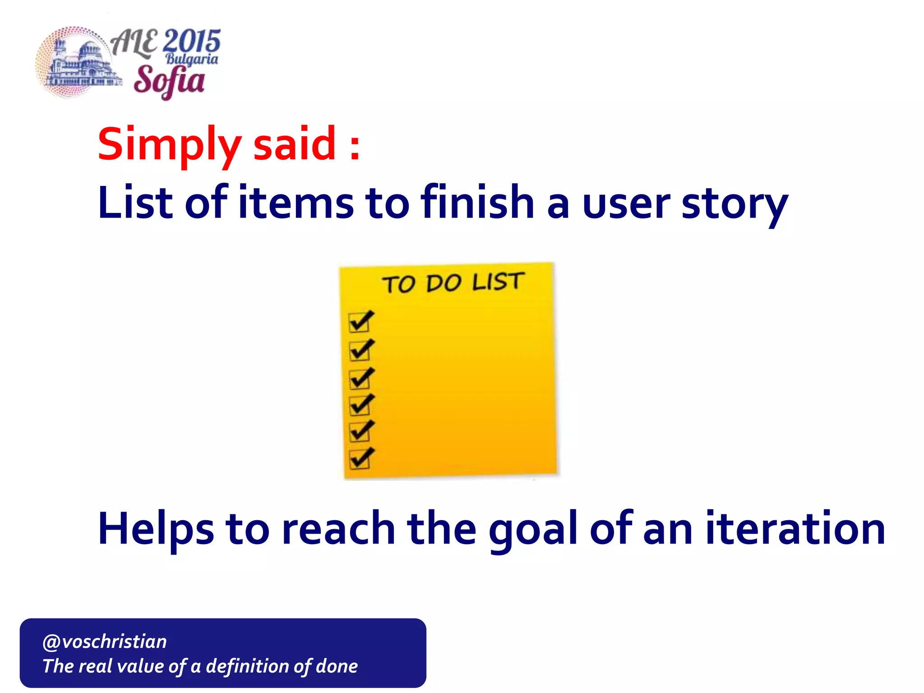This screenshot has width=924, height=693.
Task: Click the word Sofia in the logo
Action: pyautogui.click(x=169, y=81)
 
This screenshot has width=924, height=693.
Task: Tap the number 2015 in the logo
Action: pyautogui.click(x=191, y=41)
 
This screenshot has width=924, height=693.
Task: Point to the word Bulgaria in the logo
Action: pyautogui.click(x=192, y=59)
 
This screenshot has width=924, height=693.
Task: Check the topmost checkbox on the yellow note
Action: pyautogui.click(x=360, y=322)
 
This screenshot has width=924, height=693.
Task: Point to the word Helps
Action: pyautogui.click(x=156, y=529)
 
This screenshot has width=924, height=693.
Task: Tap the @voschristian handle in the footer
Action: pyautogui.click(x=105, y=641)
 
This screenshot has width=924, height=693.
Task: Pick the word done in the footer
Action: pyautogui.click(x=337, y=666)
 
